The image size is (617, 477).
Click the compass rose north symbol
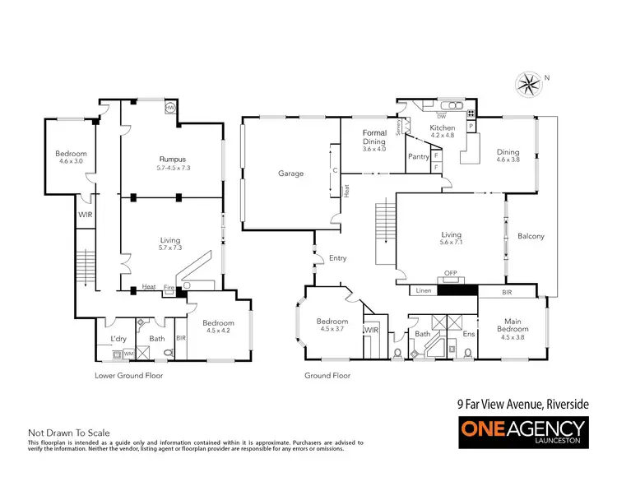(529, 81)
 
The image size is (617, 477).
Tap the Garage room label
(290, 174)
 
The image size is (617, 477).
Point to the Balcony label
(531, 236)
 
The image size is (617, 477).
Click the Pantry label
(418, 156)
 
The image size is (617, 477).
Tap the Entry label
(338, 258)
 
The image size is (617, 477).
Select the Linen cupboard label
(424, 291)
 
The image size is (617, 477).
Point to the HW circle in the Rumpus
(170, 108)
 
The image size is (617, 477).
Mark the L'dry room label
(118, 340)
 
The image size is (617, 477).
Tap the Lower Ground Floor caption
(129, 375)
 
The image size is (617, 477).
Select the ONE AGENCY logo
(522, 431)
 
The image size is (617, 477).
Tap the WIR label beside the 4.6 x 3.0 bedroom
(84, 215)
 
